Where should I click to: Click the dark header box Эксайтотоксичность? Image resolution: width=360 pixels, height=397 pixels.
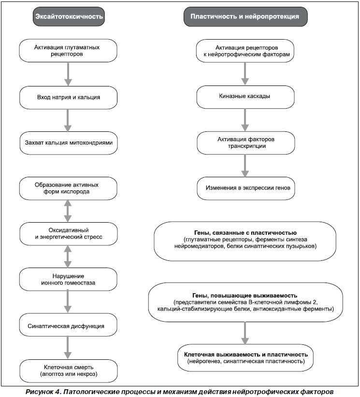tap(69, 16)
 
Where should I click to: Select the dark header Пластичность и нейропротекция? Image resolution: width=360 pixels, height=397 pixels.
tap(245, 17)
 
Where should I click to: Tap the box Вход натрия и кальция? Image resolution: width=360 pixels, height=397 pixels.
tap(69, 98)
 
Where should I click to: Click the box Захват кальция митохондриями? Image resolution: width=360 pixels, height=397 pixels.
tap(69, 143)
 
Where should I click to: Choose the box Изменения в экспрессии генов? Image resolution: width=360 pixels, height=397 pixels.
tap(246, 188)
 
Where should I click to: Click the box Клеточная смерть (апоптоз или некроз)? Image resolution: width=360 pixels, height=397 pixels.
tap(69, 370)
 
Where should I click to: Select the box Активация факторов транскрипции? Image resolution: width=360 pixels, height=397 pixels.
tap(246, 143)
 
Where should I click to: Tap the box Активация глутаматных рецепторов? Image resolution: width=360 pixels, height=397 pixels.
tap(68, 50)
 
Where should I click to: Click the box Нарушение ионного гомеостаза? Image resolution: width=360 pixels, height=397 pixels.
tap(68, 279)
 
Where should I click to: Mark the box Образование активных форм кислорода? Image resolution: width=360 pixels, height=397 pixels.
tap(68, 188)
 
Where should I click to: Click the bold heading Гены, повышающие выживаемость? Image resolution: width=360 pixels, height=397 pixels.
tap(245, 296)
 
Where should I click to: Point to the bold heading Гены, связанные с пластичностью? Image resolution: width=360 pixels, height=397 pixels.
tap(245, 233)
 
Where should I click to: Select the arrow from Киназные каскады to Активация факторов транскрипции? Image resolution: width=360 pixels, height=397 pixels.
tap(245, 120)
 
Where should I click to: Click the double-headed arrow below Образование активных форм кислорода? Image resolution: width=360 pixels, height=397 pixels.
tap(68, 211)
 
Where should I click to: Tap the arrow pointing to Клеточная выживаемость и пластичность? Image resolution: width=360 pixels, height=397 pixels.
tap(245, 333)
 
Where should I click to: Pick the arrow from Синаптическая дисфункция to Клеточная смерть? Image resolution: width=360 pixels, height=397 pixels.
tap(68, 348)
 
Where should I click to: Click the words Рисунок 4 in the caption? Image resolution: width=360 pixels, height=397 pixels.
tap(43, 391)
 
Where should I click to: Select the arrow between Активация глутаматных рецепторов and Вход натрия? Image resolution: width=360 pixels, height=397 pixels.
tap(68, 74)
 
